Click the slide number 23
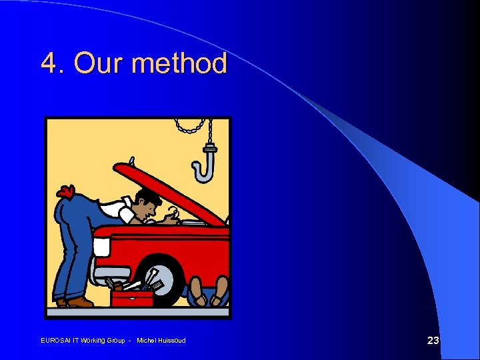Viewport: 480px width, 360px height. click(x=433, y=341)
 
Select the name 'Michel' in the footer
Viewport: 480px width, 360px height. click(x=145, y=341)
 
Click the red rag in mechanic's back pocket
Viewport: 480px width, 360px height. click(x=65, y=192)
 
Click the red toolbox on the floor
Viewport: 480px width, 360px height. click(x=132, y=297)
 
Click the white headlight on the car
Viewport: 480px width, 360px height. click(x=101, y=247)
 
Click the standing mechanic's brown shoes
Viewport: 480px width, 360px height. click(x=76, y=302)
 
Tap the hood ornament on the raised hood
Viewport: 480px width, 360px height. click(x=132, y=161)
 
